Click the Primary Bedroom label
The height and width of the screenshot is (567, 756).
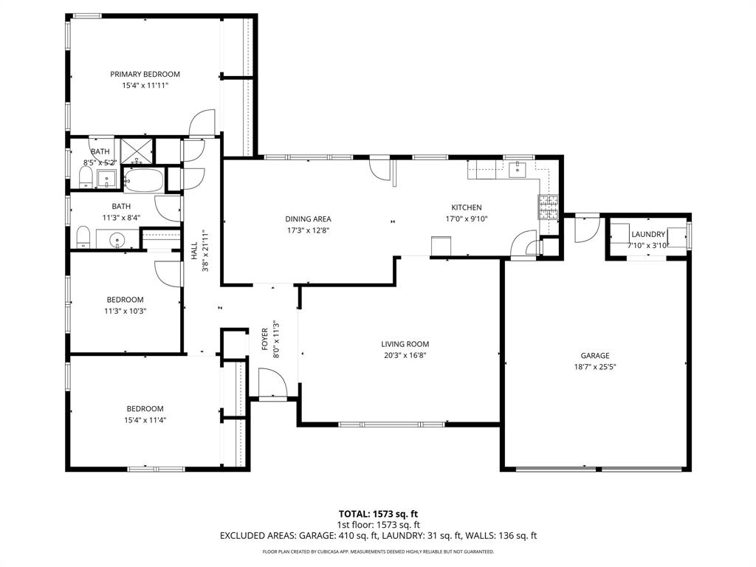[145, 74]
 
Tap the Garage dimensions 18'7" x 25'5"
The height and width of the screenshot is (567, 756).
[594, 366]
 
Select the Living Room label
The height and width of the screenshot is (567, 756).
[405, 344]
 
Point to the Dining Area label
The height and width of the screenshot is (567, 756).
[308, 219]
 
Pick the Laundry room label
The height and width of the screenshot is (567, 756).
[648, 234]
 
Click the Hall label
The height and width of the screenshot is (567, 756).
[194, 251]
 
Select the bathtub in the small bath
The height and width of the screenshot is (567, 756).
[143, 179]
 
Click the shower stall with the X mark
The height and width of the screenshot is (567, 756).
[136, 150]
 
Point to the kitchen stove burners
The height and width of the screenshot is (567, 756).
[547, 207]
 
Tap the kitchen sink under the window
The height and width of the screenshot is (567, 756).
[518, 171]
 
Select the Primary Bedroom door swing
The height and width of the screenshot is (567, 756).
[202, 123]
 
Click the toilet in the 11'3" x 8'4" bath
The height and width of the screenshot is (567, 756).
[83, 238]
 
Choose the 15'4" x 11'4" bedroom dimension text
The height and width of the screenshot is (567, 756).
[145, 421]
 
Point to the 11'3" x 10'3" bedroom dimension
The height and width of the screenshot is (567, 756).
[125, 311]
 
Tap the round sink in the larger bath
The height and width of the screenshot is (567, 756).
[118, 240]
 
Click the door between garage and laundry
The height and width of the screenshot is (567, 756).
[588, 229]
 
